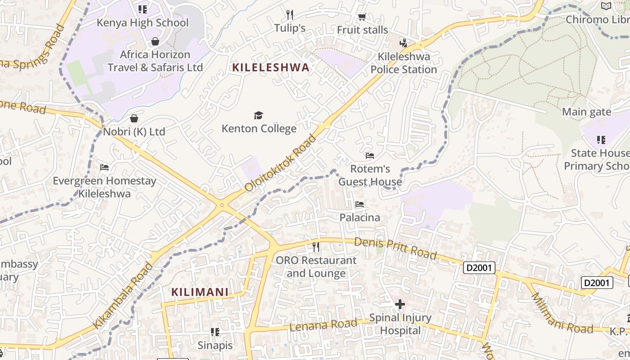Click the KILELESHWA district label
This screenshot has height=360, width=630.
click(270, 67)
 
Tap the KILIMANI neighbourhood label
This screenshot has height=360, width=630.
click(200, 292)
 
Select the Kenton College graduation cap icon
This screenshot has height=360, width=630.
click(258, 116)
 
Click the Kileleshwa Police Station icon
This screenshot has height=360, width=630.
click(404, 43)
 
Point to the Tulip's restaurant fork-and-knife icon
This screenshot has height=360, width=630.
click(290, 15)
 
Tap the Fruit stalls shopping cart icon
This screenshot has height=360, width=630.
click(362, 17)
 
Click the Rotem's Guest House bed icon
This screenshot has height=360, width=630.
click(370, 156)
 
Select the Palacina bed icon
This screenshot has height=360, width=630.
click(359, 204)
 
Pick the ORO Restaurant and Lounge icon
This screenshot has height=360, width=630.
click(316, 247)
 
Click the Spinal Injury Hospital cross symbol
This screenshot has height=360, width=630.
click(400, 305)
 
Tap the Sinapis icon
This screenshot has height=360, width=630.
click(215, 332)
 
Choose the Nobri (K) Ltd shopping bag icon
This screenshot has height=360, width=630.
click(134, 118)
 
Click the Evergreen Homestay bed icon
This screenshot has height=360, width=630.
click(104, 167)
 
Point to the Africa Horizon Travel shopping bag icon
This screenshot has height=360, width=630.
click(155, 41)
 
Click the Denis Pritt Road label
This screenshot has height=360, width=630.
click(395, 248)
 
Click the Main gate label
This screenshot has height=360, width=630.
click(586, 112)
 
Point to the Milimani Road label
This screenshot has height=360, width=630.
click(562, 314)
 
